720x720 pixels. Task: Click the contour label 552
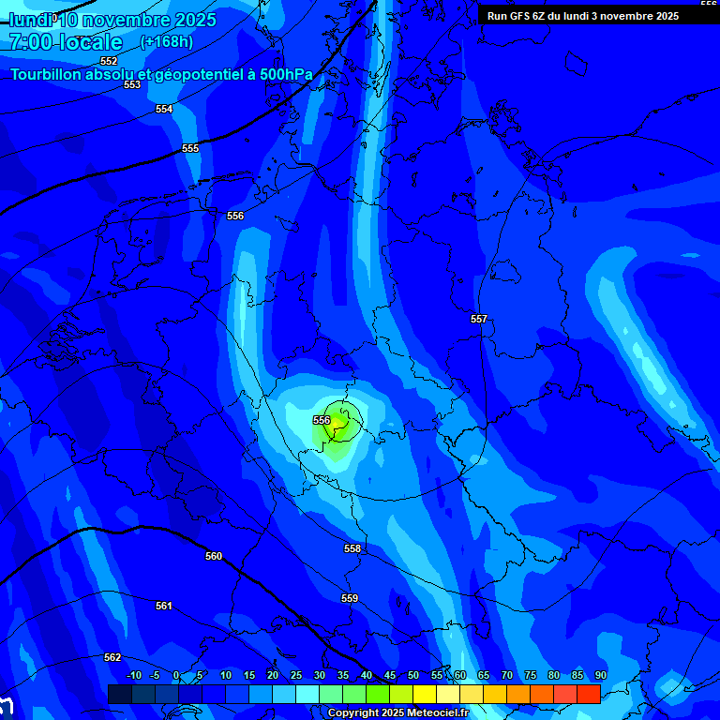click(x=109, y=61)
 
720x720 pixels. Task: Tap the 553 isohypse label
click(x=132, y=84)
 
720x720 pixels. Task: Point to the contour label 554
click(x=164, y=109)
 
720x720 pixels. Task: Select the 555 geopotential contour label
click(x=190, y=148)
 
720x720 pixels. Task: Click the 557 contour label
click(x=479, y=319)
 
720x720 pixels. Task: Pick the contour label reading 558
click(x=352, y=548)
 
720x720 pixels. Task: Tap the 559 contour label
click(x=350, y=598)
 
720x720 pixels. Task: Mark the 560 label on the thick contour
click(x=214, y=556)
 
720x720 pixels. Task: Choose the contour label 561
click(x=164, y=606)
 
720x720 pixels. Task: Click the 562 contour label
click(x=112, y=657)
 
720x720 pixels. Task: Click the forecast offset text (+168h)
click(x=167, y=41)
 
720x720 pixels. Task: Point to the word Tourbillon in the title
click(x=46, y=74)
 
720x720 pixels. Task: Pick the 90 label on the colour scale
click(x=600, y=675)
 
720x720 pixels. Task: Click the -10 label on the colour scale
click(x=133, y=675)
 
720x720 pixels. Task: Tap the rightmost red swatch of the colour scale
click(x=588, y=694)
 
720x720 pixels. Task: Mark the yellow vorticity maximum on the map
click(x=338, y=425)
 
